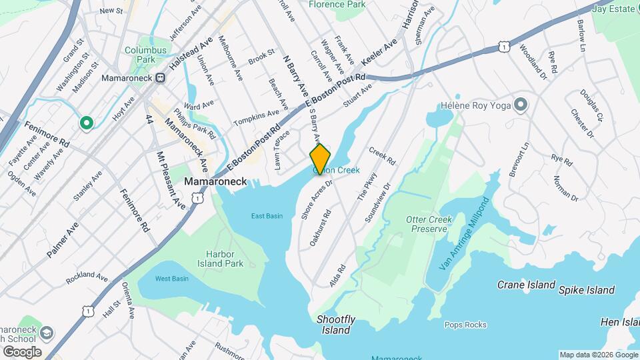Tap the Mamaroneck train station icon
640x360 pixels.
point(160,78)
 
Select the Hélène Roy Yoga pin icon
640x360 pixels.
point(521,105)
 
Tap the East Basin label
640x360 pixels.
point(267,215)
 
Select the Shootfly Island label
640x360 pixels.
point(335,325)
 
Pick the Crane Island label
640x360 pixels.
point(526,285)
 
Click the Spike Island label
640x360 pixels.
point(586,290)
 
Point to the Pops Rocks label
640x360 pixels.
point(465,325)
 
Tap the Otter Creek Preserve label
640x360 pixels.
point(429,224)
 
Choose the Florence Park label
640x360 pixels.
point(337,5)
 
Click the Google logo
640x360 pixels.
point(21,351)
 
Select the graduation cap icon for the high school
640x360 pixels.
point(47,333)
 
